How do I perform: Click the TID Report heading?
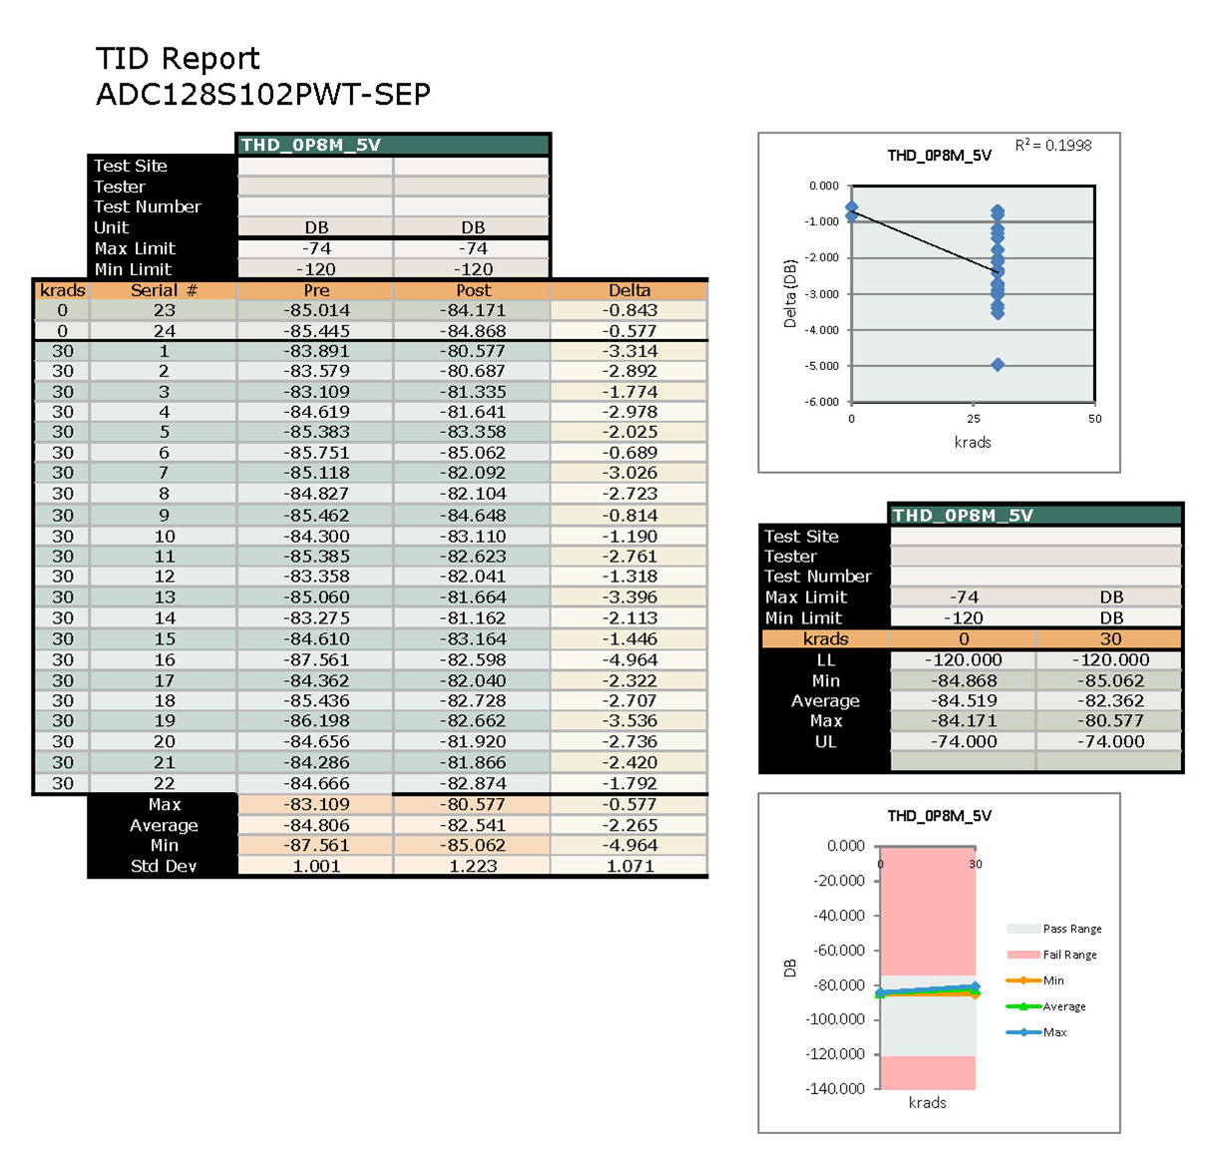point(178,59)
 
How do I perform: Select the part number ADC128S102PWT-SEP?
point(262,95)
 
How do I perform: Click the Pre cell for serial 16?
point(316,659)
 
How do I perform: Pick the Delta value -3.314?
point(629,351)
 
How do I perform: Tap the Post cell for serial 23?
point(473,310)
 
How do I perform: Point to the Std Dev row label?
point(164,866)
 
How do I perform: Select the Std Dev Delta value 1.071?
point(629,866)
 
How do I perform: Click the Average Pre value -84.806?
point(316,825)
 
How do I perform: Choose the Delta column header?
point(629,290)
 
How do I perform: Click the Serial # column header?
point(164,290)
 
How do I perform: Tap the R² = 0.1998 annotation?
point(1053,146)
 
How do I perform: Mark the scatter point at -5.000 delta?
point(998,365)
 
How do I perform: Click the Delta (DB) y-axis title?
point(790,294)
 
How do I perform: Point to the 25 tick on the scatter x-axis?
point(974,419)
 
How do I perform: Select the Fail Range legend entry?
point(1069,955)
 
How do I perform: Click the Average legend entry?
point(1063,1006)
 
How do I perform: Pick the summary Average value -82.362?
point(1110,701)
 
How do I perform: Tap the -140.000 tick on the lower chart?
point(836,1088)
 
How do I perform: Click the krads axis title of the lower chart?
point(927,1102)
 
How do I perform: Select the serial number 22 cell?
point(164,783)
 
